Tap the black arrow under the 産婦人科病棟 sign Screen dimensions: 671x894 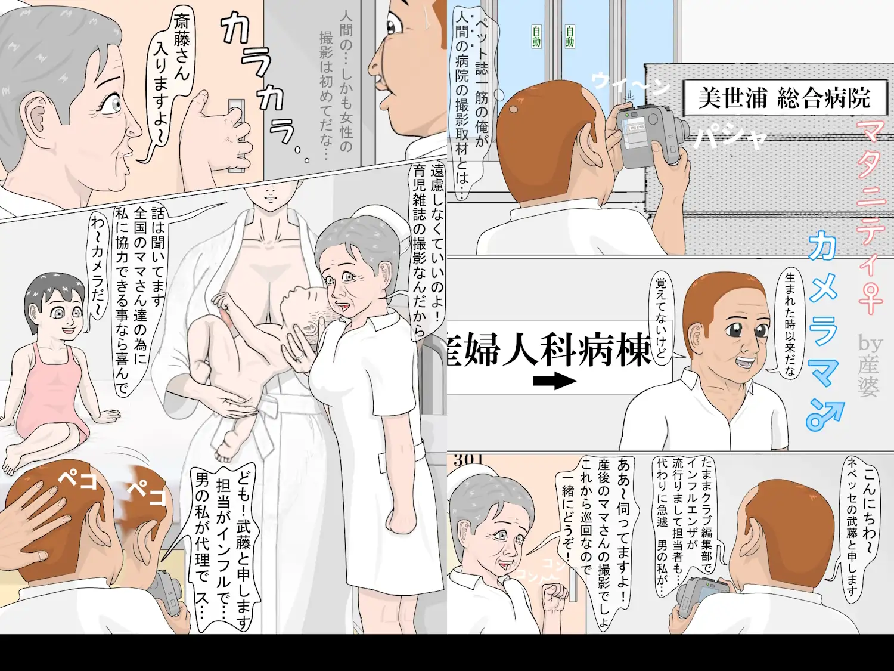(x=554, y=381)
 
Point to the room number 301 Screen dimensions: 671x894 (x=468, y=460)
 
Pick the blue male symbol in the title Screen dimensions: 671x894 (x=825, y=415)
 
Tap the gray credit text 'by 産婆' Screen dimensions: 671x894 (x=870, y=364)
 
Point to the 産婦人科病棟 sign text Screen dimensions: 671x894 (x=548, y=349)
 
